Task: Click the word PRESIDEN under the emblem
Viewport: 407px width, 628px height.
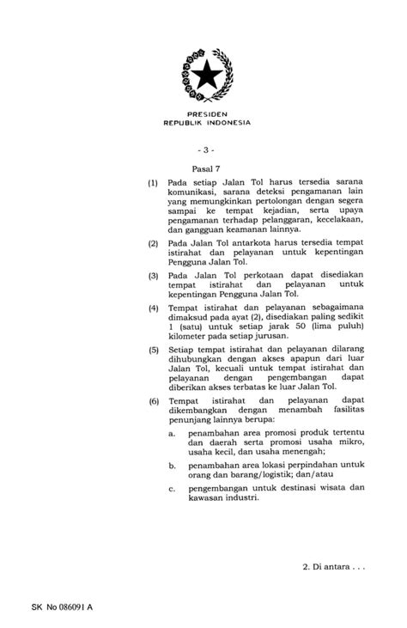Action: [207, 113]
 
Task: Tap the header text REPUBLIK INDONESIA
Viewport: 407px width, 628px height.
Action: [207, 123]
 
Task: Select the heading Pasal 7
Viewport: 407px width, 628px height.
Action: [207, 169]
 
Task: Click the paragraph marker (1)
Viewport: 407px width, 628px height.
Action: [153, 184]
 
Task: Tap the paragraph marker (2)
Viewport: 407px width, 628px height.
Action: [153, 244]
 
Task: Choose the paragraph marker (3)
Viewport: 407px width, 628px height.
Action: [153, 275]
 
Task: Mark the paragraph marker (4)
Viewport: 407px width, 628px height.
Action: [153, 307]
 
